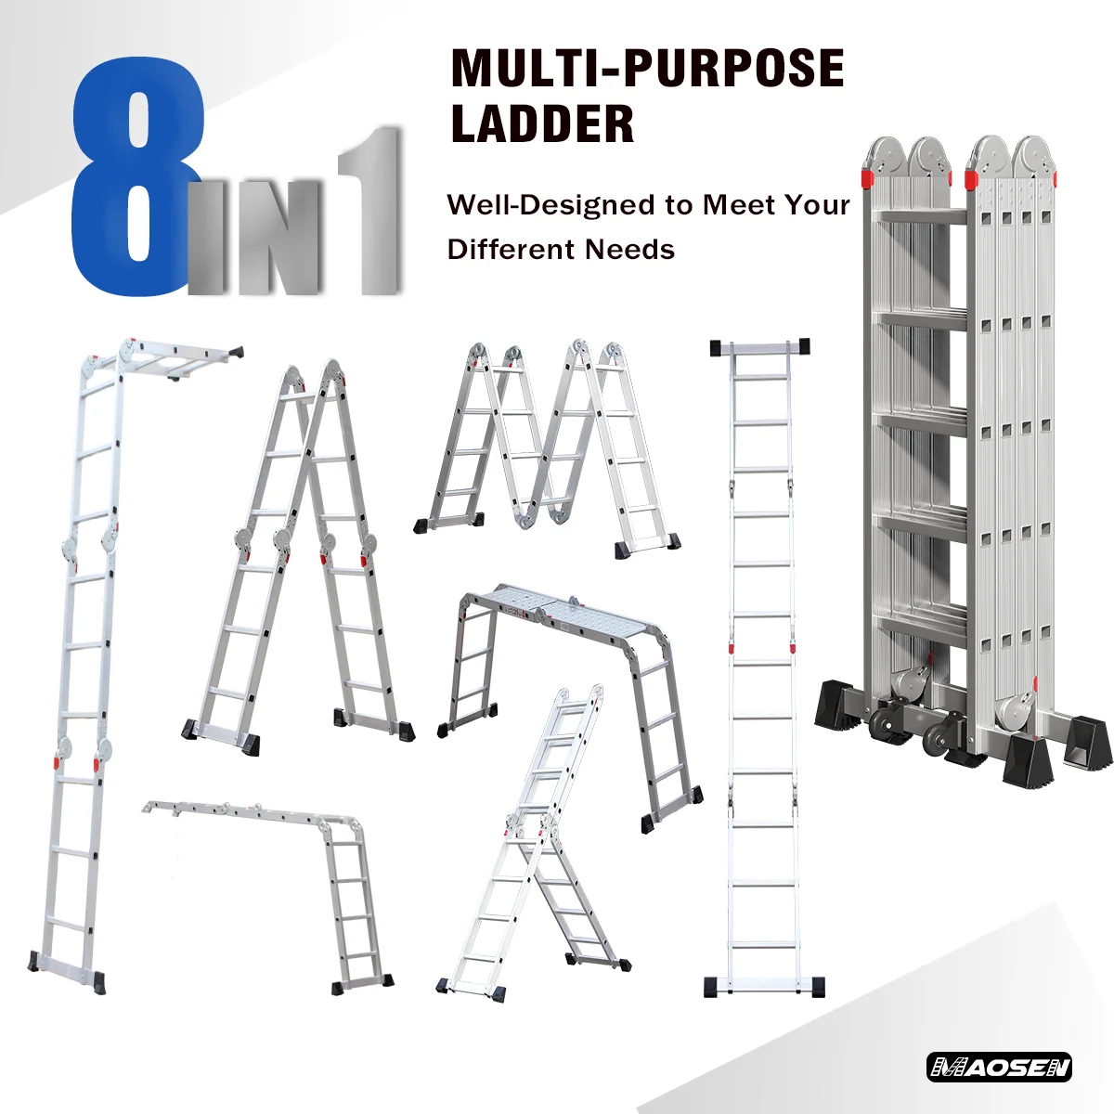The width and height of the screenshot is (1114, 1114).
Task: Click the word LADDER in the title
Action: tap(542, 124)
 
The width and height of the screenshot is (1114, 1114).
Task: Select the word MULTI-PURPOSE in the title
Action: tap(647, 68)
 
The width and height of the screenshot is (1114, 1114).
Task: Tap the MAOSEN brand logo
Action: tap(999, 1068)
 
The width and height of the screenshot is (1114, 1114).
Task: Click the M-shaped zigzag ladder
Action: tap(548, 446)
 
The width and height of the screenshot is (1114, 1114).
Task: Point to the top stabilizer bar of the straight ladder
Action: tap(759, 347)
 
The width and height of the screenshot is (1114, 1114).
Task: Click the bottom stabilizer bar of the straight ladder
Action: tap(763, 985)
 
